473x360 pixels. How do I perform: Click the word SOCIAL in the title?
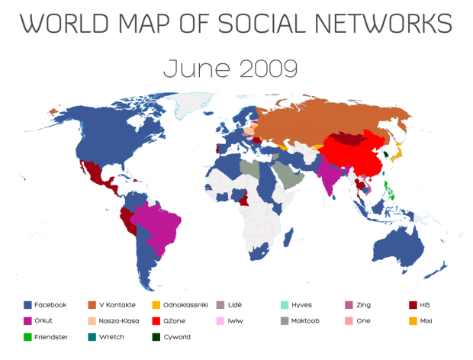click(272, 23)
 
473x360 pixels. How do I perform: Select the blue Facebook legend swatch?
click(27, 305)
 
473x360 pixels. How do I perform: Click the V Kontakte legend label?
click(117, 305)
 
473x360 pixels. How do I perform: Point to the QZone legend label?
click(177, 320)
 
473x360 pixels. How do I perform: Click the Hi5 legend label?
click(424, 305)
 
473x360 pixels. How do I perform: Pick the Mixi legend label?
click(426, 320)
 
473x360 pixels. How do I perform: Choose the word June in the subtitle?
click(191, 69)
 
